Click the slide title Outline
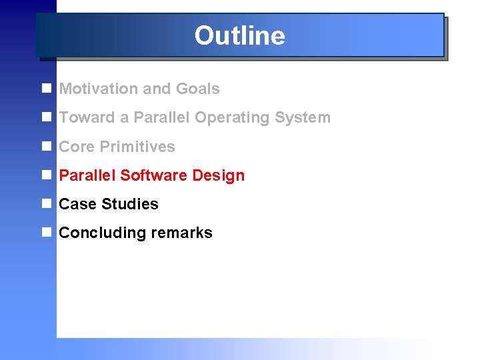point(239,35)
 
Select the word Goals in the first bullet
point(197,89)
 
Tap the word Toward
point(87,118)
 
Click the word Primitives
point(137,147)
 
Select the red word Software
point(154,175)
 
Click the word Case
point(77,204)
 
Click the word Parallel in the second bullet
point(157,118)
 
